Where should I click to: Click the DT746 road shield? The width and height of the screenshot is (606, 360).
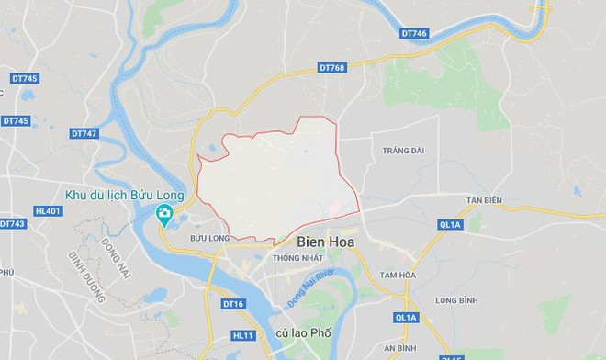(x=415, y=33)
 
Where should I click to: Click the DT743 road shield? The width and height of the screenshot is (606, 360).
(x=13, y=224)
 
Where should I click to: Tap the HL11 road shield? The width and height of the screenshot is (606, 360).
(x=242, y=336)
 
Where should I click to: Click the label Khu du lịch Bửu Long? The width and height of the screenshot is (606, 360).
(x=125, y=195)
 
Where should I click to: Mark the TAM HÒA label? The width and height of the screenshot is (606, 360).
(x=400, y=274)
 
